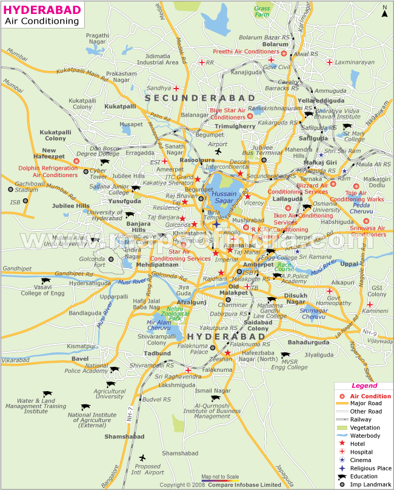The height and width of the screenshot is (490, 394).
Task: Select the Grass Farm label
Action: click(262, 13)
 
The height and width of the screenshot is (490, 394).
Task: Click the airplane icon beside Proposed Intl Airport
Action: click(143, 457)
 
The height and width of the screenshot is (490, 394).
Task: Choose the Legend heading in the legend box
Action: click(364, 385)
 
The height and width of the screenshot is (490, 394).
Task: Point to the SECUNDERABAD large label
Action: click(192, 98)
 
